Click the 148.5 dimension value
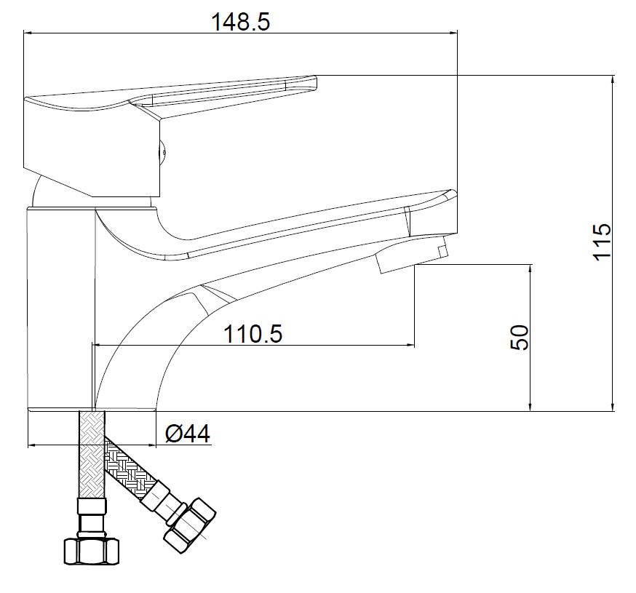click(x=241, y=22)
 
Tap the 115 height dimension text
click(x=602, y=242)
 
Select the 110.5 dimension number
click(x=253, y=334)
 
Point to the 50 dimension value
click(x=520, y=337)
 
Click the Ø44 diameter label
click(x=188, y=434)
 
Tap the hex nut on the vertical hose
click(x=92, y=551)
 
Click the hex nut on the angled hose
click(x=189, y=525)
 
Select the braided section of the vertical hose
click(x=92, y=455)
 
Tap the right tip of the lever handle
click(x=316, y=83)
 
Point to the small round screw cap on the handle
click(x=162, y=153)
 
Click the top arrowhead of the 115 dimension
click(x=613, y=79)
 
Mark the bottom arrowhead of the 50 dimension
click(x=530, y=406)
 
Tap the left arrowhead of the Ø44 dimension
click(x=33, y=445)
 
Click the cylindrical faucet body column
click(x=61, y=309)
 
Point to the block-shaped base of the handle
click(x=92, y=147)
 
